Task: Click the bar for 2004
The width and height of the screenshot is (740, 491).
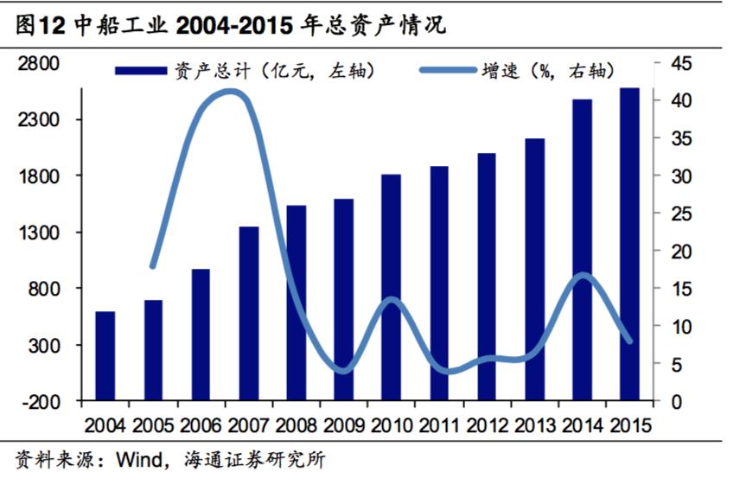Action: pos(105,356)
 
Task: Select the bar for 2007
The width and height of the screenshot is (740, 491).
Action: pos(249,314)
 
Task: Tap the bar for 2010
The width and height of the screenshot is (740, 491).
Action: pos(392,288)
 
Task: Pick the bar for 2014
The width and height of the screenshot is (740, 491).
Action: pos(582,250)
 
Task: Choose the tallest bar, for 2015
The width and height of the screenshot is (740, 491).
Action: pos(629,244)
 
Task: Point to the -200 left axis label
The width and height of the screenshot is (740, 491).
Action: pos(41,402)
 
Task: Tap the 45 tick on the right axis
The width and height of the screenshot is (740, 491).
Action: pos(681,63)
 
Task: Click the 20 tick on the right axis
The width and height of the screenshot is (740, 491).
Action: pos(681,252)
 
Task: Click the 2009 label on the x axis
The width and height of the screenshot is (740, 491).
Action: pos(344,425)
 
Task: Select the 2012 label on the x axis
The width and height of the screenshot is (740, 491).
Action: pos(487,425)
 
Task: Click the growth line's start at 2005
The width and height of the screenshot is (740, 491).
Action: pos(153,266)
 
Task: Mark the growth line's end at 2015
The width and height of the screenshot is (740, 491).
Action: pos(629,341)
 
